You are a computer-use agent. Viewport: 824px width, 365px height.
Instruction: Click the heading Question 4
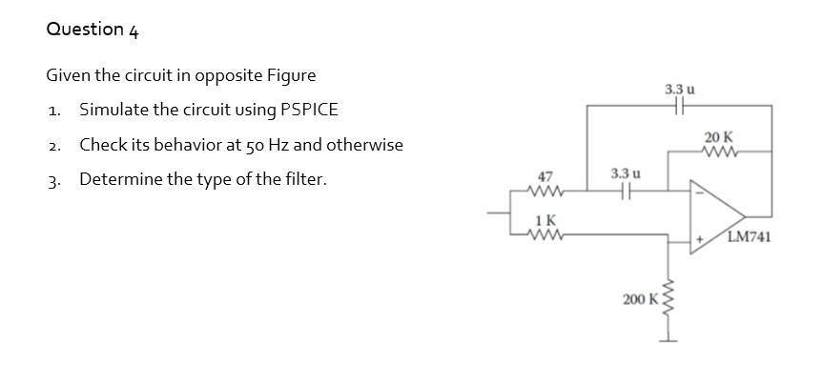pyautogui.click(x=93, y=30)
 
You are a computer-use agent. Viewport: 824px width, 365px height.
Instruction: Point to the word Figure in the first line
pyautogui.click(x=286, y=75)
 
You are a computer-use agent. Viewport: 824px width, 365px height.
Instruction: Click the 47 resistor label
pyautogui.click(x=545, y=178)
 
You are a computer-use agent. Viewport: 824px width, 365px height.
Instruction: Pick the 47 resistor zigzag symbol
pyautogui.click(x=545, y=191)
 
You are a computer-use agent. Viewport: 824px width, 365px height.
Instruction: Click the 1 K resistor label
pyautogui.click(x=545, y=220)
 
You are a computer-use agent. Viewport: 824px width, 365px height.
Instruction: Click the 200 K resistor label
pyautogui.click(x=639, y=299)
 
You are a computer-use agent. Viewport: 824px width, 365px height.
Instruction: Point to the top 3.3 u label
pyautogui.click(x=679, y=90)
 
